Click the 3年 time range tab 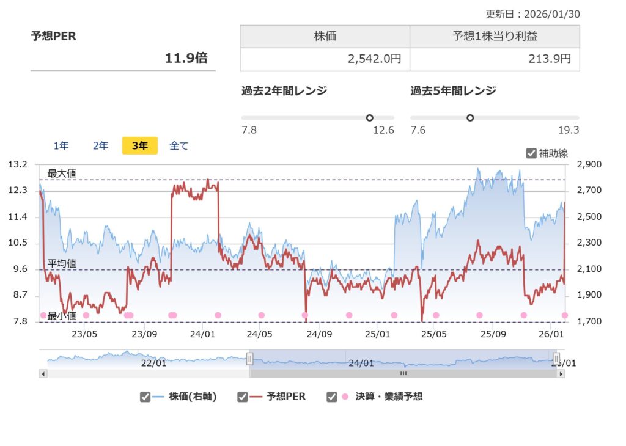(140, 145)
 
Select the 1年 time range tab (61, 145)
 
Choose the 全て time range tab (179, 145)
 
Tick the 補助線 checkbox (531, 153)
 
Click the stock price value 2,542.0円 (374, 59)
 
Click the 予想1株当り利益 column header (495, 36)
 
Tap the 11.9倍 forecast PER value (186, 58)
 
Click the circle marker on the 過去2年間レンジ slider (369, 118)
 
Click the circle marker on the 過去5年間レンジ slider (470, 118)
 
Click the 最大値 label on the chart (62, 174)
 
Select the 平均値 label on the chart (62, 264)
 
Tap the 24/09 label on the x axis (319, 334)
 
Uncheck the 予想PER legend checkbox (243, 397)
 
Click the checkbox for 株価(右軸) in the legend (145, 397)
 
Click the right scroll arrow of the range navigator (561, 373)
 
